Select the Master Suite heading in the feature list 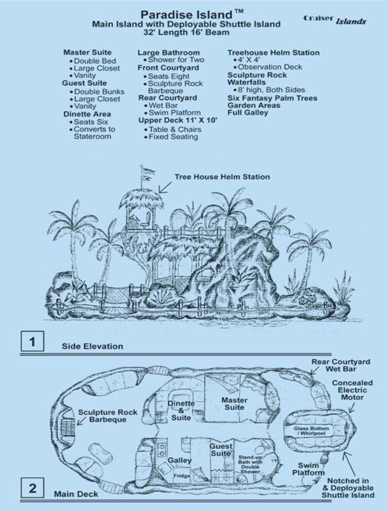pos(87,52)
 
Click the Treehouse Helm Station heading pos(274,52)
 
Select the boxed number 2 pos(32,489)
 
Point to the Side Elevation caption pos(92,346)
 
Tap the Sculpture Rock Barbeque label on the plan pos(102,416)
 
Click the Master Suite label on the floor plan pos(234,404)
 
